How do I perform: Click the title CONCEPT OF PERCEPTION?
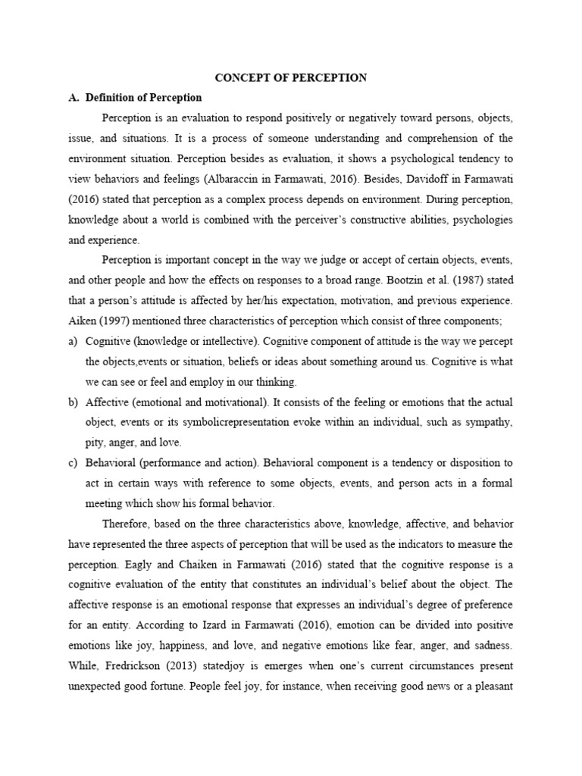coord(291,77)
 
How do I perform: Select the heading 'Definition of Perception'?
coord(143,98)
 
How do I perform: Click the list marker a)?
coord(74,341)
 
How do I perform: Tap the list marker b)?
coord(74,402)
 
